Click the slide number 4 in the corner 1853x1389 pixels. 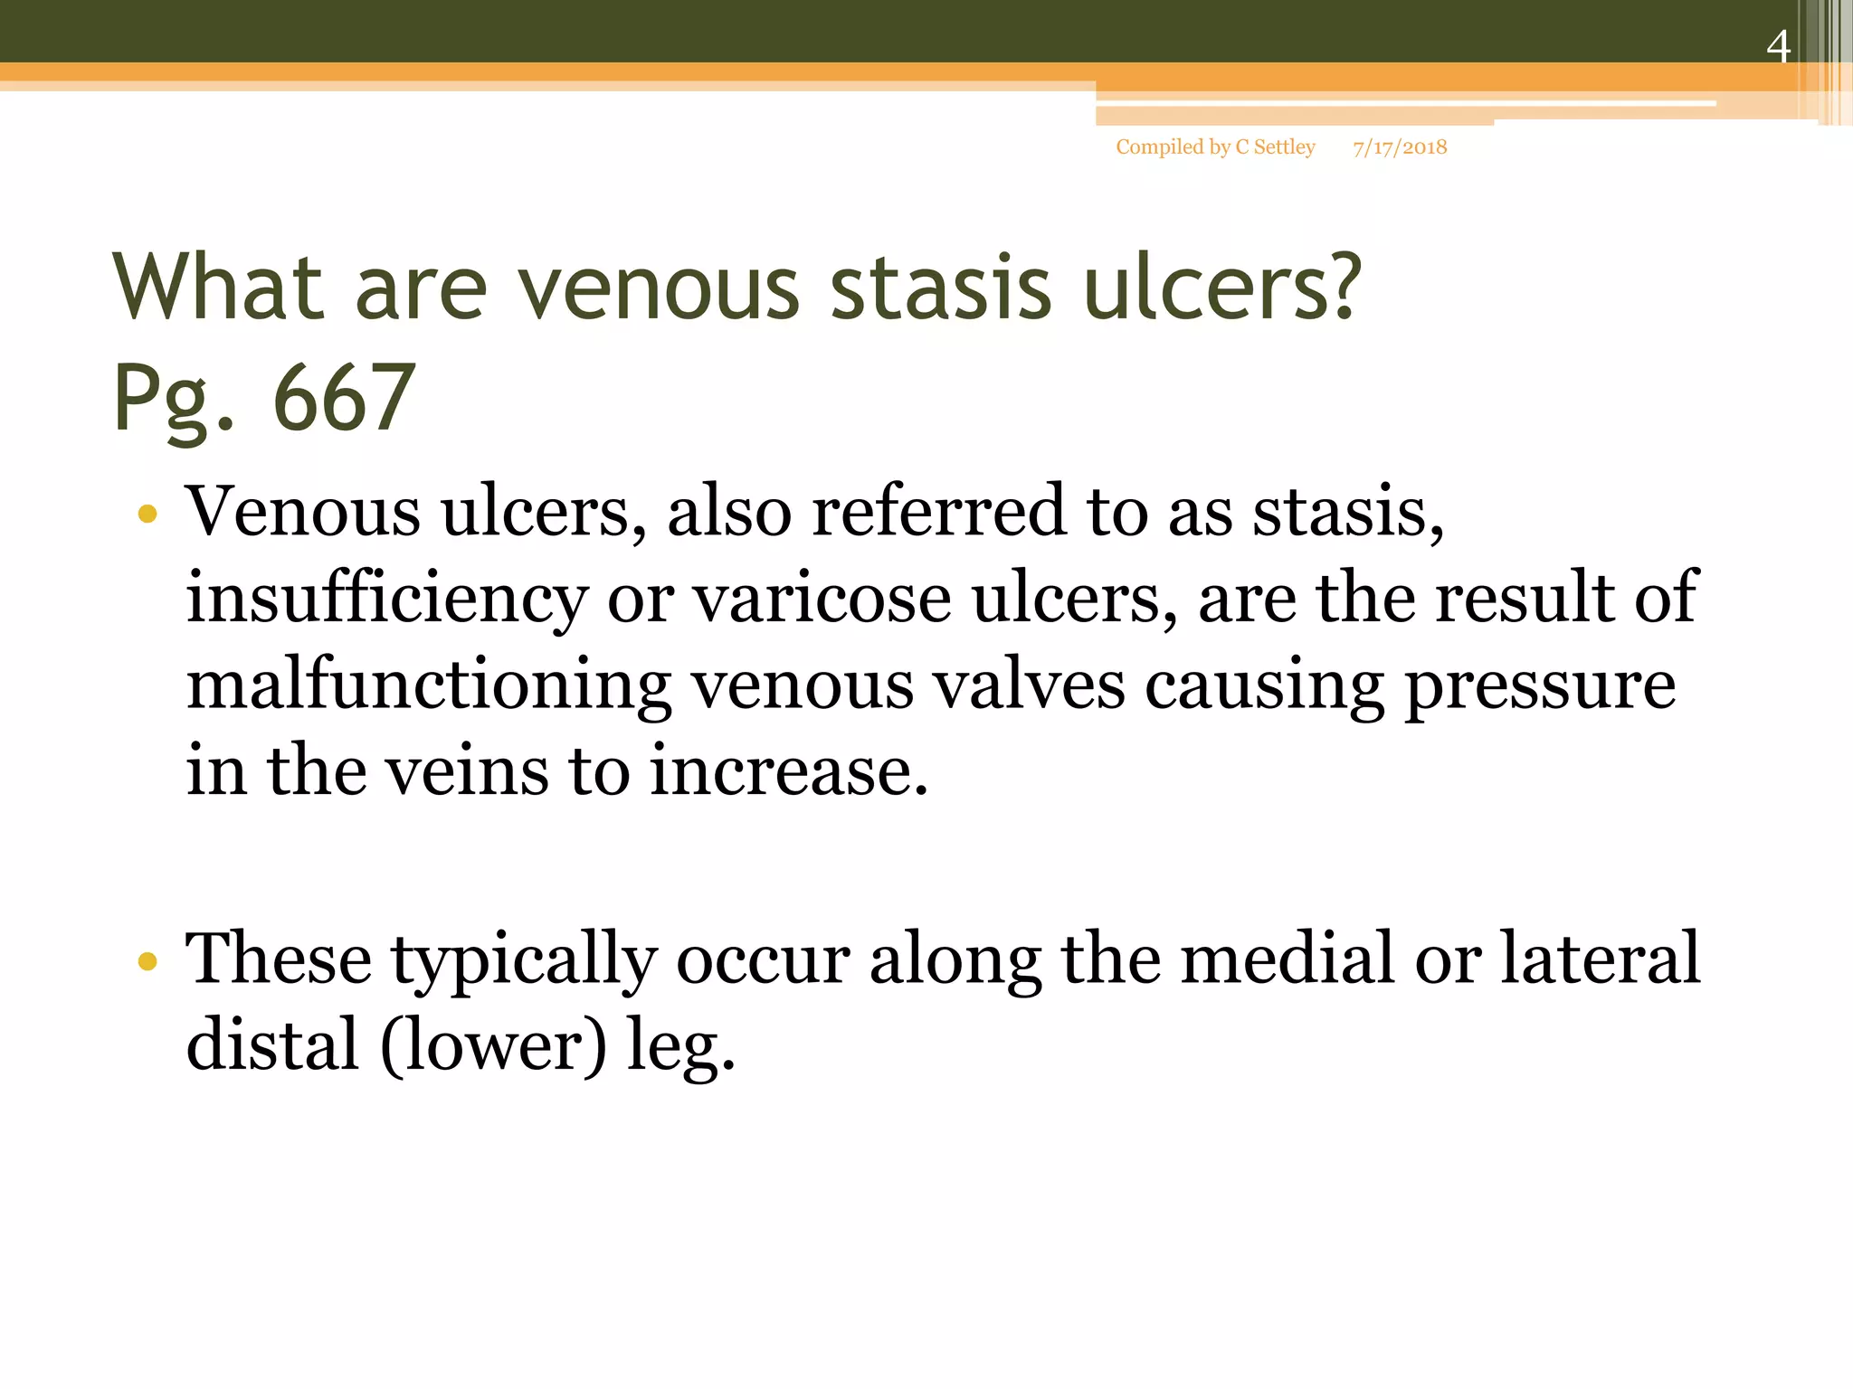tap(1778, 46)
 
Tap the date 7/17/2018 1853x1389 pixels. tap(1400, 147)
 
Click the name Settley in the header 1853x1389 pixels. tap(1284, 147)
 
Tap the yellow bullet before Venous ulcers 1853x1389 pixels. tap(147, 515)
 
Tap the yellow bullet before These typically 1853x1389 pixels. tap(147, 961)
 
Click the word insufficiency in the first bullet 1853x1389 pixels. tap(386, 599)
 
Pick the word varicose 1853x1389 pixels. tap(822, 599)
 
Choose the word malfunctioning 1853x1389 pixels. tap(428, 685)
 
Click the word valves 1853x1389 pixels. tap(1029, 685)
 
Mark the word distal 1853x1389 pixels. tap(272, 1044)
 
